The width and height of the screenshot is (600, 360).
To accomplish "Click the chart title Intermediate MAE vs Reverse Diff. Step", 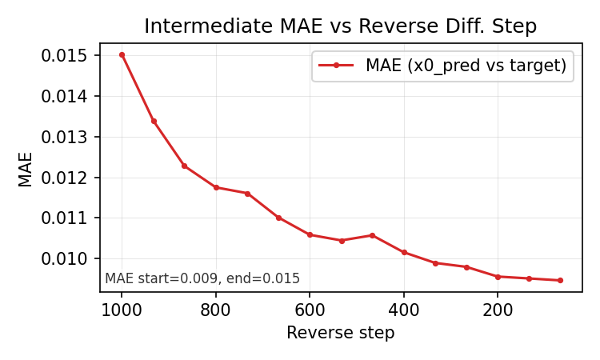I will tap(340, 26).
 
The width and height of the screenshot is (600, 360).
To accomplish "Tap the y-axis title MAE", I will tap(26, 169).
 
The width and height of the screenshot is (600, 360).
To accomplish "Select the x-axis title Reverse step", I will tap(340, 333).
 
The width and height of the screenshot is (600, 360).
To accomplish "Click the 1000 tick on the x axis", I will tap(122, 310).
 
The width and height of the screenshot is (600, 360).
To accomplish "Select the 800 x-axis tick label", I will tap(215, 310).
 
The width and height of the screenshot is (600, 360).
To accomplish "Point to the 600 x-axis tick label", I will tap(310, 310).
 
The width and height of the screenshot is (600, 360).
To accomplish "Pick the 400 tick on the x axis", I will tap(403, 310).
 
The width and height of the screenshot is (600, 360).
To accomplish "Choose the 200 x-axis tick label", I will tap(498, 310).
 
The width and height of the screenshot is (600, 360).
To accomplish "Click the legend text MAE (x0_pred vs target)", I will tap(466, 66).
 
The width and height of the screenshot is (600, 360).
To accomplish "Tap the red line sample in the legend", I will tap(337, 66).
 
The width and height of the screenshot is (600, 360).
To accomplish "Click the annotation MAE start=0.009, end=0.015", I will tap(202, 278).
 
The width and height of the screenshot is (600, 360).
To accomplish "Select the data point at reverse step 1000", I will tap(122, 54).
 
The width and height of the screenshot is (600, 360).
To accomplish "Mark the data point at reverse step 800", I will tap(216, 187).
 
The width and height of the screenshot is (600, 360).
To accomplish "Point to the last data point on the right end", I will tap(560, 280).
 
